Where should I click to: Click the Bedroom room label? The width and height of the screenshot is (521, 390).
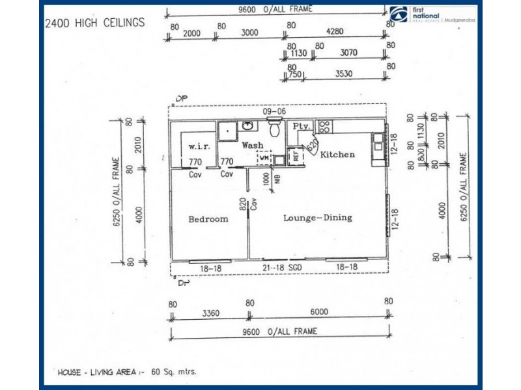[x=208, y=219]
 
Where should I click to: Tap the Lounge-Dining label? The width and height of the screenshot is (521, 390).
[x=317, y=218]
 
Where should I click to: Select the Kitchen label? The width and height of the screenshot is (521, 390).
[x=337, y=155]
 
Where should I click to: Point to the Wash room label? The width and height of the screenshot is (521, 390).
[x=253, y=146]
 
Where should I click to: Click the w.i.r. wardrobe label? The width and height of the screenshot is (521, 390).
[x=198, y=146]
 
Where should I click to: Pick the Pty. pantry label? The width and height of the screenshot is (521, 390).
[x=301, y=126]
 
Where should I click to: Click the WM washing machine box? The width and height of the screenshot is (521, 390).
[x=264, y=157]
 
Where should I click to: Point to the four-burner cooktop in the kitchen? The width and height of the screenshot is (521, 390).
[x=324, y=126]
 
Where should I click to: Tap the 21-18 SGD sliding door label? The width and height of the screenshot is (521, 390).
[x=283, y=267]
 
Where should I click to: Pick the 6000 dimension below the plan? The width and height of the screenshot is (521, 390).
[x=319, y=313]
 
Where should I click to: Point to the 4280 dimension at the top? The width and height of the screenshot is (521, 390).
[x=337, y=32]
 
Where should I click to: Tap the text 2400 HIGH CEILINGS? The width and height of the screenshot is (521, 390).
[x=94, y=23]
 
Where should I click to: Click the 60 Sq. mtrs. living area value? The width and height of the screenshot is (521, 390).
[x=173, y=372]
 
